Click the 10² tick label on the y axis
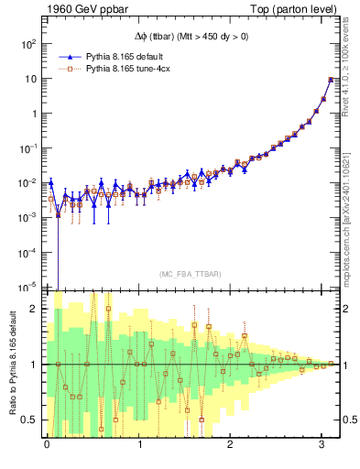[x=29, y=44]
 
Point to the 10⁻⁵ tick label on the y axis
[x=29, y=287]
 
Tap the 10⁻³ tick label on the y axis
[x=29, y=217]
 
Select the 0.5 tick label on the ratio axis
[x=32, y=420]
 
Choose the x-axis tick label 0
[x=47, y=448]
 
